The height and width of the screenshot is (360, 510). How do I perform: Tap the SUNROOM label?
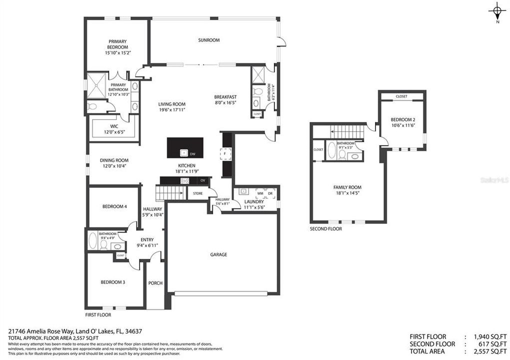point(208,40)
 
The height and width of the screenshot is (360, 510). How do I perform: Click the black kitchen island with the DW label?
point(185,147)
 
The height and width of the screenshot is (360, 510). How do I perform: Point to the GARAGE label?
point(218,254)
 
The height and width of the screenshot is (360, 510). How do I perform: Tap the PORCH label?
point(155,283)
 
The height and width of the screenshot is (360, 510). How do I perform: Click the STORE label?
point(197,193)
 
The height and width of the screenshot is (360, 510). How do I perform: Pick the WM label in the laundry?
point(260,193)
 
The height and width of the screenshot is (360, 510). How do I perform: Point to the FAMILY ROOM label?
point(347,187)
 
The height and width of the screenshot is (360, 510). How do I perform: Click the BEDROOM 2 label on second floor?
point(403,119)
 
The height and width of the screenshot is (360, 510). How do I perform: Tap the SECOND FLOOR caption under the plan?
point(326,228)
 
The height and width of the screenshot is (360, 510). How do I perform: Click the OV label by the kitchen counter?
point(202,180)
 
